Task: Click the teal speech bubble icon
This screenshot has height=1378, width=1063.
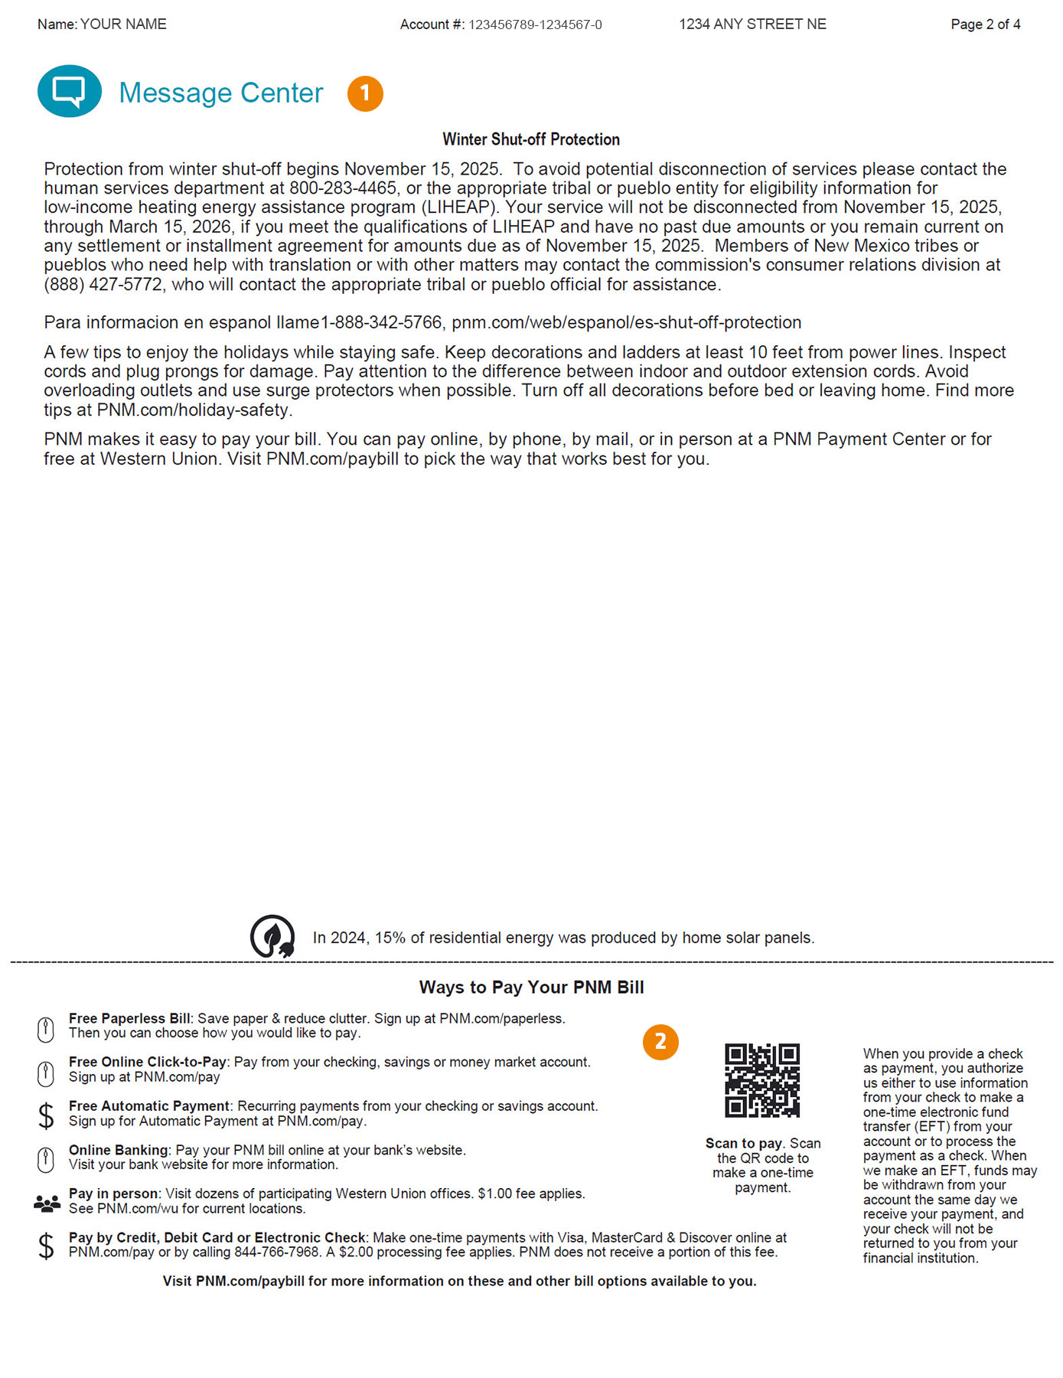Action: tap(69, 91)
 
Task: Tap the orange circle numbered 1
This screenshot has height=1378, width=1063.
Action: tap(365, 93)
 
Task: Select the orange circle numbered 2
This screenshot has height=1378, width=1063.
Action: tap(660, 1042)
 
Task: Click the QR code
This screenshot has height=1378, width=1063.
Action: tap(762, 1080)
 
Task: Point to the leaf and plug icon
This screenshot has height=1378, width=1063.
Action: tap(272, 936)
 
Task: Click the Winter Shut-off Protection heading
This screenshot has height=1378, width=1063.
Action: tap(531, 139)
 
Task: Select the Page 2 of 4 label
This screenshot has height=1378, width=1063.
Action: tap(985, 24)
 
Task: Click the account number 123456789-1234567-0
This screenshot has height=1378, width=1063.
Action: tap(535, 25)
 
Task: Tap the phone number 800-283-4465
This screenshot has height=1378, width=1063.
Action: tap(343, 188)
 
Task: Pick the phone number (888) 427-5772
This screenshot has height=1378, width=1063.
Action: tap(103, 285)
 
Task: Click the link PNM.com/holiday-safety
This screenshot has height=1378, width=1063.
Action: tap(194, 410)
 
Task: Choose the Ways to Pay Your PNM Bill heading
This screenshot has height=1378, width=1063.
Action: tap(531, 988)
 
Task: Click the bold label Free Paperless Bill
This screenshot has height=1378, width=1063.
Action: tap(129, 1019)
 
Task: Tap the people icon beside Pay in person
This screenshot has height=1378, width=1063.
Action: tap(47, 1204)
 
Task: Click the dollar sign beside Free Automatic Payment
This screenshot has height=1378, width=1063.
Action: tap(46, 1115)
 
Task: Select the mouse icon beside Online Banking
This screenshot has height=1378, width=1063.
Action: tap(46, 1159)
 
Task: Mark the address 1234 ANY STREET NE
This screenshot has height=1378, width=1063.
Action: tap(752, 24)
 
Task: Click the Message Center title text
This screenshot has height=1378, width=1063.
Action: tap(221, 93)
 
